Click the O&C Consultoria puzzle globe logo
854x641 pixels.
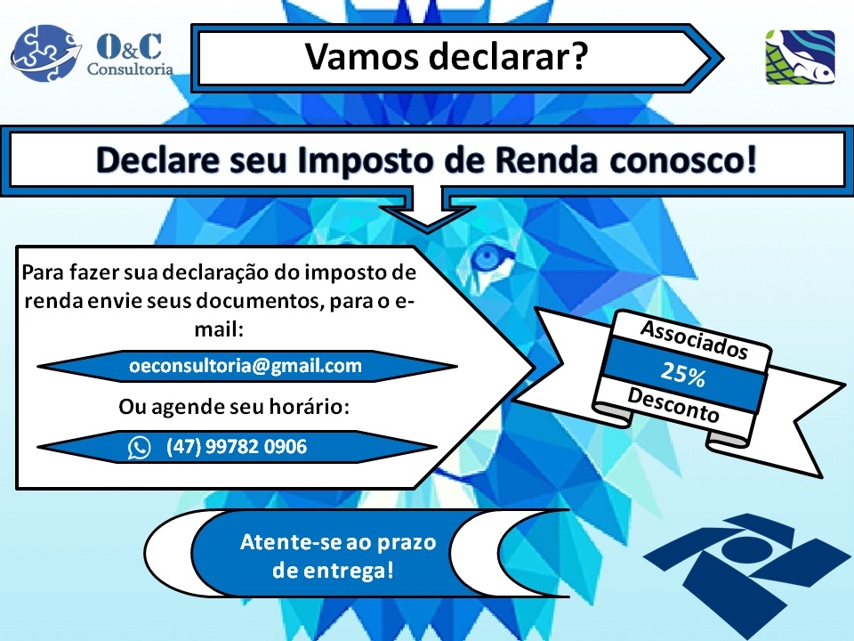(x=45, y=53)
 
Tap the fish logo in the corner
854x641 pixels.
(x=800, y=57)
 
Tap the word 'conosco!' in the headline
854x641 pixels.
(x=683, y=159)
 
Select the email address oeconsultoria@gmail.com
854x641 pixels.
(x=246, y=366)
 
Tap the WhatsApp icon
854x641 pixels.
(x=139, y=448)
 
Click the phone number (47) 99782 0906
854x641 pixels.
(x=237, y=447)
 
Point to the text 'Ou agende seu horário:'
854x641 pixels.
(x=234, y=407)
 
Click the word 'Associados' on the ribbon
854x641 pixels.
(x=694, y=339)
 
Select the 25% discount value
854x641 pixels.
(x=683, y=374)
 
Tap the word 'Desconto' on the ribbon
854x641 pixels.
(x=673, y=404)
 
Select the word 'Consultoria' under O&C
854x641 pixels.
(x=130, y=69)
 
